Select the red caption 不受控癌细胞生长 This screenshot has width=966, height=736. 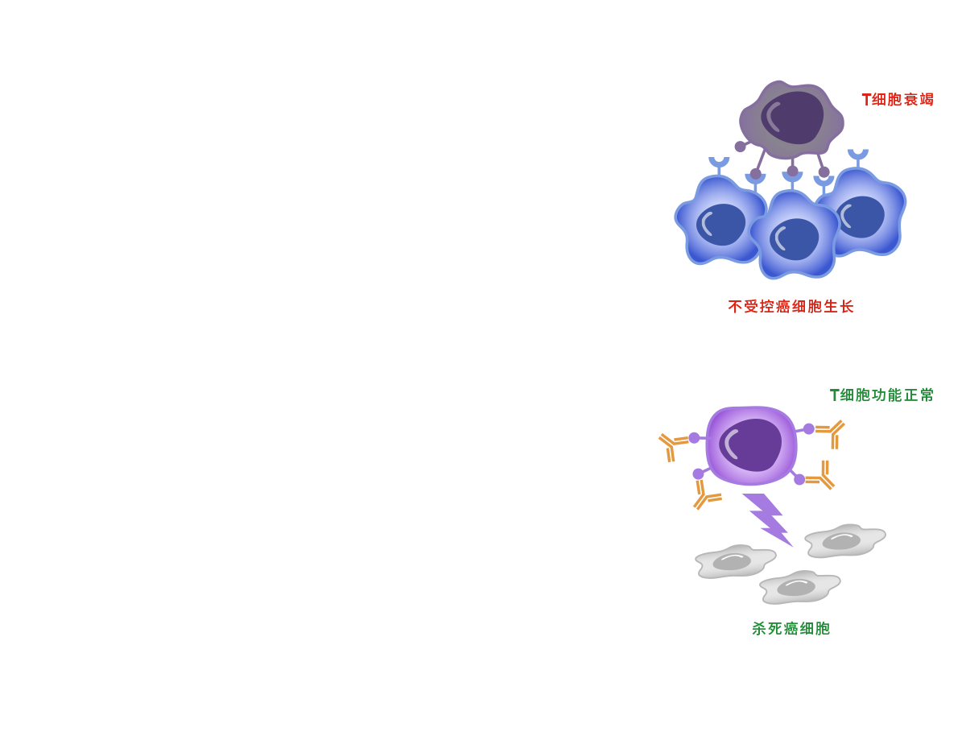pos(791,306)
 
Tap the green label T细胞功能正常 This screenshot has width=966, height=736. pos(881,395)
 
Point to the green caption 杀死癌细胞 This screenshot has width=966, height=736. pos(791,628)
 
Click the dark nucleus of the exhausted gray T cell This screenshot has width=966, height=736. pos(792,118)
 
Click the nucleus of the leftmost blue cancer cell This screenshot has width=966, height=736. pos(720,225)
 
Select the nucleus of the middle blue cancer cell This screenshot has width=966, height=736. pos(794,239)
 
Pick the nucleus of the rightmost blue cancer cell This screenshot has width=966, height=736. pos(861,217)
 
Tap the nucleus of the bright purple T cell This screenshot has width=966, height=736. pos(750,445)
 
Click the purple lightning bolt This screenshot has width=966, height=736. pos(766,519)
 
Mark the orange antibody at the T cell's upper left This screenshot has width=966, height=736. pos(672,446)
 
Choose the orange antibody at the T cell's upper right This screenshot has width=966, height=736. pos(830,433)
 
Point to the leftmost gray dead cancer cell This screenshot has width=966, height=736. pos(735,562)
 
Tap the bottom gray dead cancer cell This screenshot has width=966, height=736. pos(799,587)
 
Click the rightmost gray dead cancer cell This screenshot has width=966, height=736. pos(845,540)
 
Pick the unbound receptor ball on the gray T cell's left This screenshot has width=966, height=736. pos(741,147)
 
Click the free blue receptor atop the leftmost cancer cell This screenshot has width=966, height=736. pos(719,165)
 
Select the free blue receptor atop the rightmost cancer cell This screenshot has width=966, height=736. pos(858,158)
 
